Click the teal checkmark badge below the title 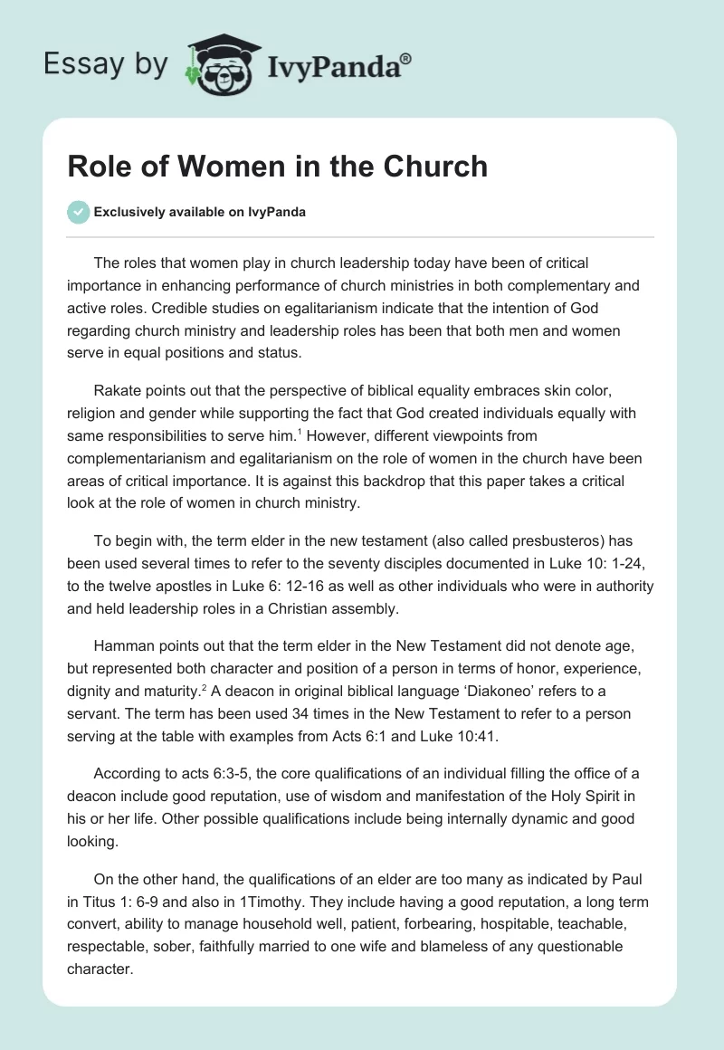pos(78,212)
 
